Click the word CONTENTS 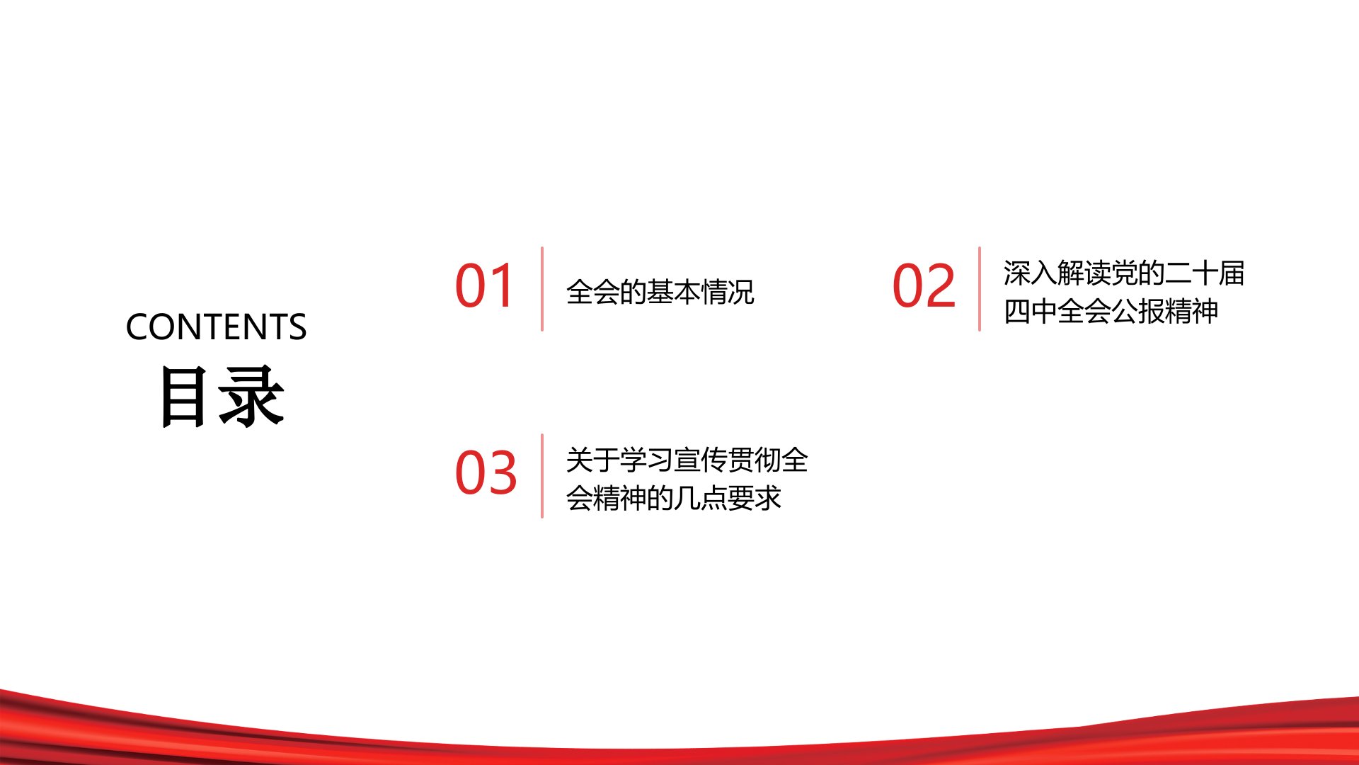216,327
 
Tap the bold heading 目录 222,396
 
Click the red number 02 924,285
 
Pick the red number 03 486,472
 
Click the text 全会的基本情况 660,292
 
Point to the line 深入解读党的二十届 1123,273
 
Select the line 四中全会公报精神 1111,311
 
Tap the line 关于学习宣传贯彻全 687,460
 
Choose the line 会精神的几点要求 673,498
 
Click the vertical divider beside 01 542,289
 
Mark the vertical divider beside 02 980,289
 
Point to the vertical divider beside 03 542,476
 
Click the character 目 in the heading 184,396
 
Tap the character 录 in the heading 252,396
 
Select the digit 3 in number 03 502,472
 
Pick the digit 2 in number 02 941,285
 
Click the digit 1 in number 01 502,285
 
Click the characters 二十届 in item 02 1204,273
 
